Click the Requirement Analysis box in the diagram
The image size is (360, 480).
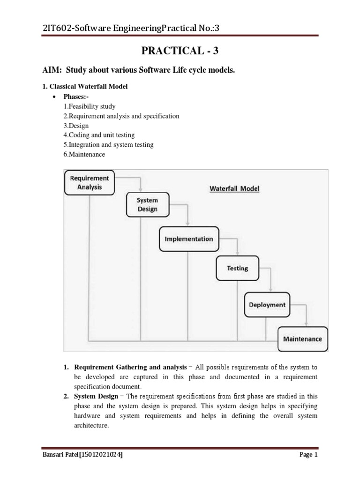(89, 182)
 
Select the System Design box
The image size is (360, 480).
(147, 204)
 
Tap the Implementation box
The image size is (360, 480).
(188, 239)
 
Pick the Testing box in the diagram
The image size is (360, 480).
(237, 268)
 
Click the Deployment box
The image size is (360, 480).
(267, 304)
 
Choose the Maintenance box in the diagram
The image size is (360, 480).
(303, 338)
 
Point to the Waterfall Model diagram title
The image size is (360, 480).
(234, 189)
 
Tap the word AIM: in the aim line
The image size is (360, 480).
(52, 70)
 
